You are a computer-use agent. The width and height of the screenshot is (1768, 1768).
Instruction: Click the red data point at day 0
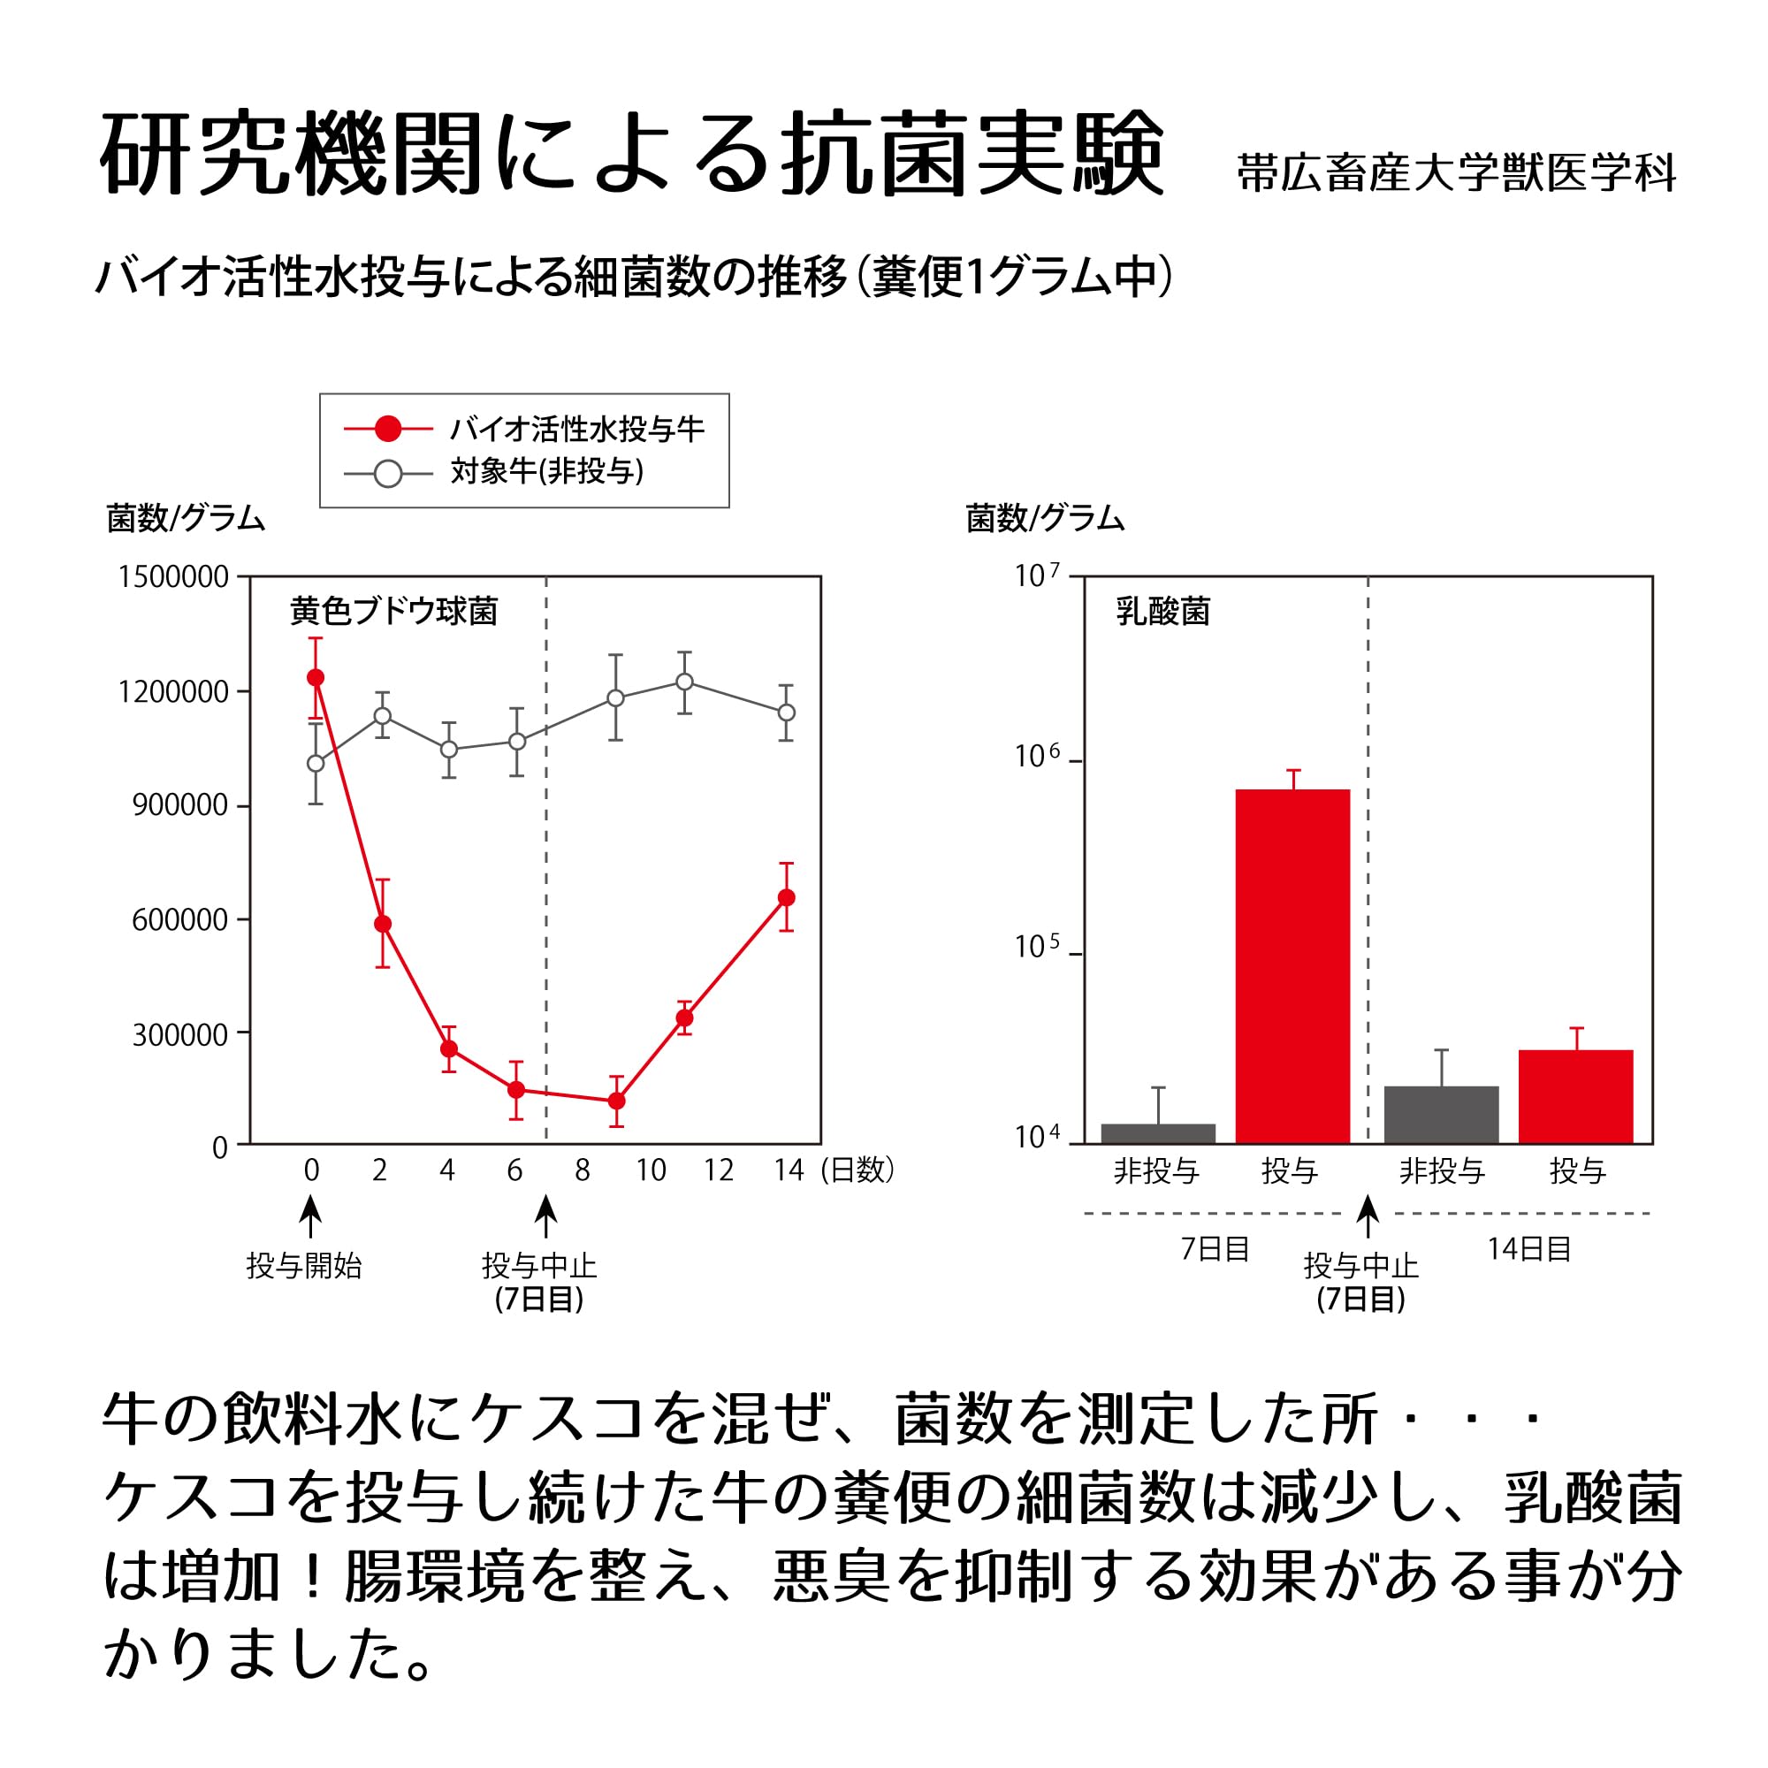(316, 677)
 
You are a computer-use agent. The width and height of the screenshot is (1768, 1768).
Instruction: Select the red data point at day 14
(786, 898)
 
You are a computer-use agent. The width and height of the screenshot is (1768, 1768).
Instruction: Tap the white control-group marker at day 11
(684, 682)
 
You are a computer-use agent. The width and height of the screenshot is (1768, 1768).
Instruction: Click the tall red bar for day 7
(1292, 965)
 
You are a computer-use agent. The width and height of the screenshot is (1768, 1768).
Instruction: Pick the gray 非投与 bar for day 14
(1441, 1115)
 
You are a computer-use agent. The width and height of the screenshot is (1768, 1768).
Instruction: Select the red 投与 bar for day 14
(1576, 1096)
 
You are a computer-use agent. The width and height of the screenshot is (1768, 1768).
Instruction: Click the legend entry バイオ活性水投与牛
(576, 428)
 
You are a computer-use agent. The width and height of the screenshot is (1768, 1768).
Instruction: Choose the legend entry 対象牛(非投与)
(546, 472)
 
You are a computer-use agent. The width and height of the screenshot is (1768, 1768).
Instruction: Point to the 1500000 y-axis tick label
(173, 577)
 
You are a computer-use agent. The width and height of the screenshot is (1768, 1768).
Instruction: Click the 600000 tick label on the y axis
(179, 919)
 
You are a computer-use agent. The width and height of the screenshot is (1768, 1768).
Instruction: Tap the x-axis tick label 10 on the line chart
(651, 1170)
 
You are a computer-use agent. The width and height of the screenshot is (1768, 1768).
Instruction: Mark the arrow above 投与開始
(311, 1218)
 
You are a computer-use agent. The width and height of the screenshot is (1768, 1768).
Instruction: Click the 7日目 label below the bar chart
(1215, 1249)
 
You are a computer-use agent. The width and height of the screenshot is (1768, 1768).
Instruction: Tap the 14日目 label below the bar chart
(1528, 1249)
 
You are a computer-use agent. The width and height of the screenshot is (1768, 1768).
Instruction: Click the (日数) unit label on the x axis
(857, 1170)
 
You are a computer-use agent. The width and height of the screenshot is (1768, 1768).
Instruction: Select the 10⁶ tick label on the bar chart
(1037, 757)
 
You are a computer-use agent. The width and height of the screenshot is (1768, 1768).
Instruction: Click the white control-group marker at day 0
(316, 763)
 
